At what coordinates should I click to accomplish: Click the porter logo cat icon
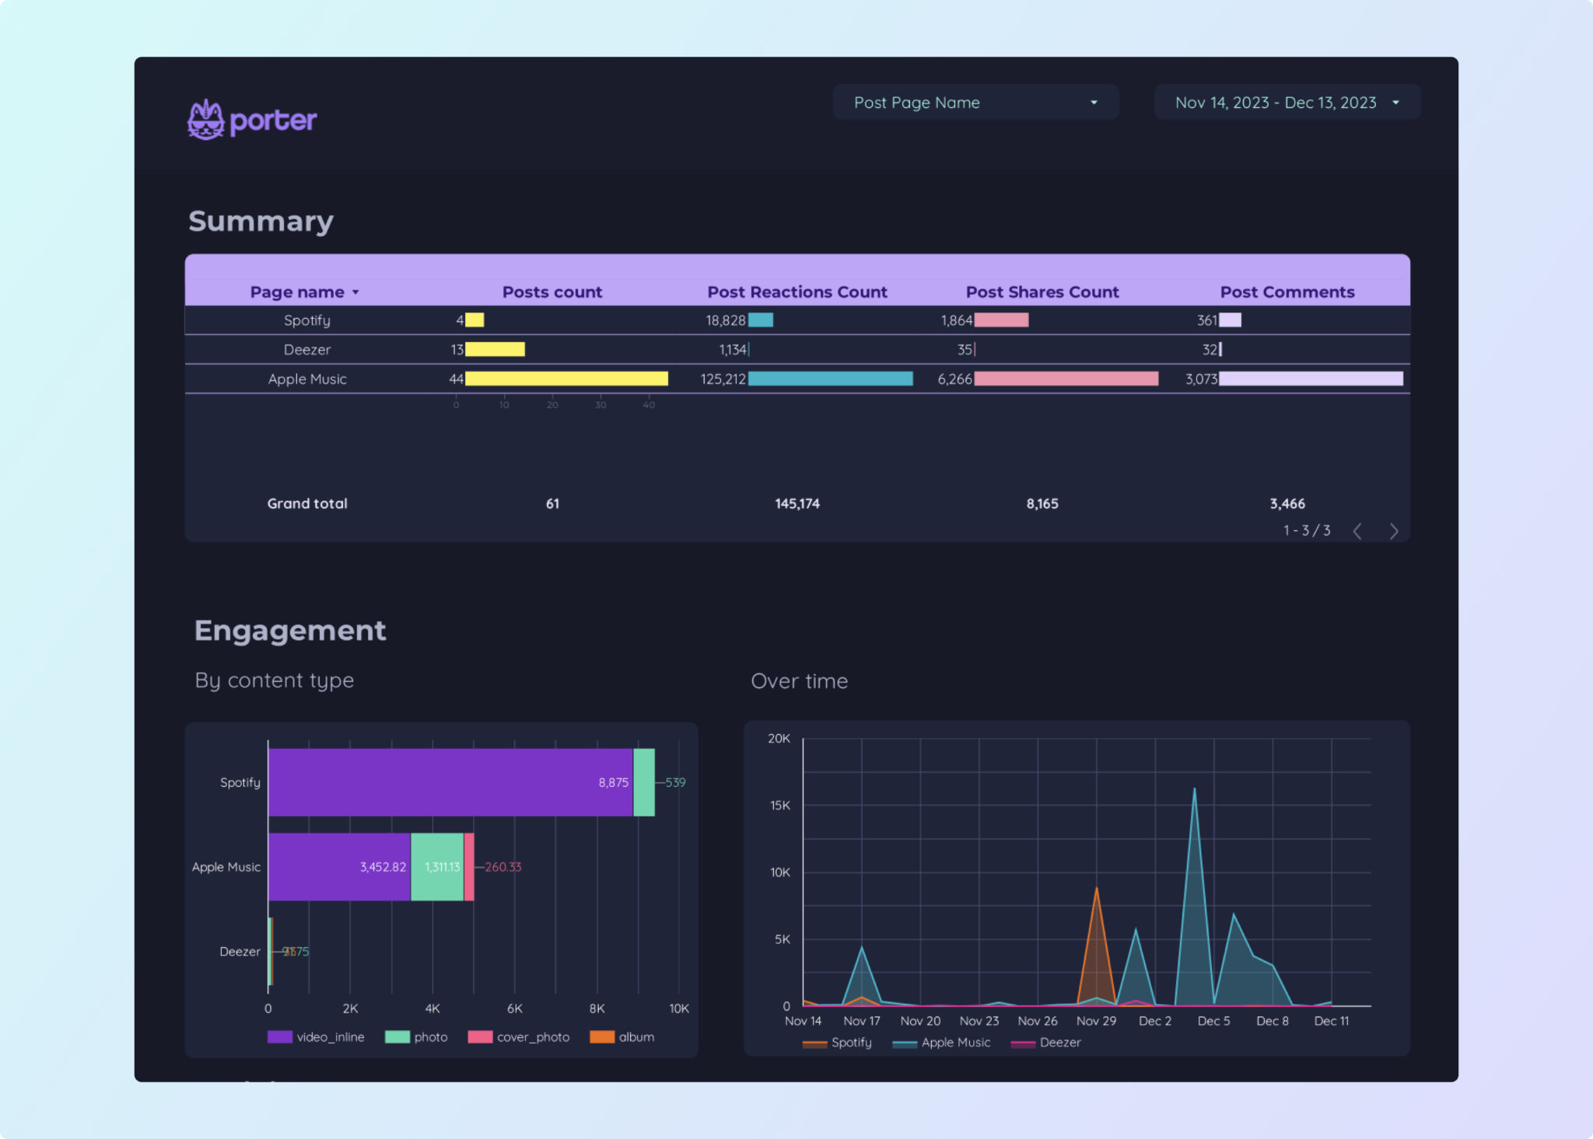tap(205, 120)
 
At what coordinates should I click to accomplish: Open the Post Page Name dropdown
tap(975, 103)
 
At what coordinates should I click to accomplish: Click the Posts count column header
tap(551, 292)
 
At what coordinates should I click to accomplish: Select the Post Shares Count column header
tap(1042, 292)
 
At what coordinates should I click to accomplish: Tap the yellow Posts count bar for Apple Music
tap(565, 379)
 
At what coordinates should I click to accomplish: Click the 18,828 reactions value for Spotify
tap(725, 320)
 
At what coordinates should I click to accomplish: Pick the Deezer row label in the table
tap(306, 350)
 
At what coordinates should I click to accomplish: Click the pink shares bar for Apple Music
tap(1066, 379)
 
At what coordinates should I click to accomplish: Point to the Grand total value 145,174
tap(796, 504)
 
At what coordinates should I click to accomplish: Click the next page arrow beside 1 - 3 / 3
tap(1393, 531)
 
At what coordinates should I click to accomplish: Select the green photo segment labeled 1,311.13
tap(437, 867)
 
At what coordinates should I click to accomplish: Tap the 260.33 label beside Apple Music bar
tap(502, 867)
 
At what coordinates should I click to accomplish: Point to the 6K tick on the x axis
tap(514, 1008)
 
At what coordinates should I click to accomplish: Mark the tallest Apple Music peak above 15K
tap(1194, 791)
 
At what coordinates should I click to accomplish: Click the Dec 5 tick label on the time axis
tap(1213, 1021)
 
